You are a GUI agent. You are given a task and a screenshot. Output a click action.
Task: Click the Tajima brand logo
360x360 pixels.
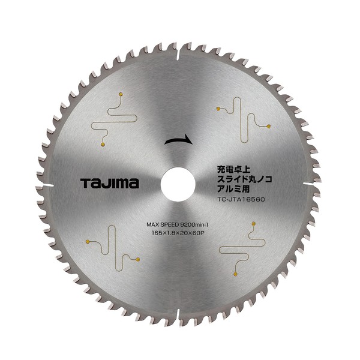(110, 183)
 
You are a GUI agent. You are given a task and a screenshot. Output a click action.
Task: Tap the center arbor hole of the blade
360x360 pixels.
(178, 184)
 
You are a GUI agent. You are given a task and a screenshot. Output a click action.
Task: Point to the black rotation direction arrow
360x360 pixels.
(178, 140)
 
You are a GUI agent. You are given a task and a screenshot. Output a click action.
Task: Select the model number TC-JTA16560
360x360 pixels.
(241, 200)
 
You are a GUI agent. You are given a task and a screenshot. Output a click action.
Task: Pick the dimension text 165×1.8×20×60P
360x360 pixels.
(178, 233)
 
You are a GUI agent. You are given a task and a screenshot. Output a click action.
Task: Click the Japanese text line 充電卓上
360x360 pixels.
(232, 170)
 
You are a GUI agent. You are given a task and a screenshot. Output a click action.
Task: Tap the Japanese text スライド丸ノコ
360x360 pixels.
(245, 179)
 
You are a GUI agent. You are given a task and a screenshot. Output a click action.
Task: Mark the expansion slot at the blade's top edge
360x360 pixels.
(178, 53)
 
